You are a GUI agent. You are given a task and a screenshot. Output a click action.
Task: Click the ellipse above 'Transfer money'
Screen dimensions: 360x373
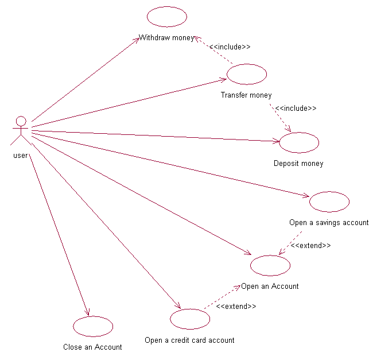coord(247,74)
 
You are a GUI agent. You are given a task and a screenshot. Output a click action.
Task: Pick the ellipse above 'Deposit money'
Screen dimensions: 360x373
coord(299,142)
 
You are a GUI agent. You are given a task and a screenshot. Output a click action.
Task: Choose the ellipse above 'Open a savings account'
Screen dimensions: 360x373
coord(329,202)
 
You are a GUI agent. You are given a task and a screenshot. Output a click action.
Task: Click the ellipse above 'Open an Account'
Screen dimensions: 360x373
coord(270,265)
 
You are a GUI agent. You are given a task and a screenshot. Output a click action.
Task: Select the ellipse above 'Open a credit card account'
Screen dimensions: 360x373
coord(190,319)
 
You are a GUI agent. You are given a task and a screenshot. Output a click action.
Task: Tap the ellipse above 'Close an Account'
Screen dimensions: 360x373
coord(93,326)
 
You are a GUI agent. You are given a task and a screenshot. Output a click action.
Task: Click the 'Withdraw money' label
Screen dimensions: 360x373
coord(166,38)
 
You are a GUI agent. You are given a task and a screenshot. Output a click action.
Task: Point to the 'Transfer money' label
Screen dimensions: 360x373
coord(246,95)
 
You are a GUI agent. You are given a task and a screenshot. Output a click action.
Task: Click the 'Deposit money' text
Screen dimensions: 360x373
coord(298,164)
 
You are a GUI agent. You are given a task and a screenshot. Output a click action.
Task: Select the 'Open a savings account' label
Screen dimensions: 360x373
coord(329,223)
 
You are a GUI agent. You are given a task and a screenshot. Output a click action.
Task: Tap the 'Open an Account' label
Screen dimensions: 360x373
coord(270,287)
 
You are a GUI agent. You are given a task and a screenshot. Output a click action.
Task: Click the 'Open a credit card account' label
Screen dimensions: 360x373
coord(189,340)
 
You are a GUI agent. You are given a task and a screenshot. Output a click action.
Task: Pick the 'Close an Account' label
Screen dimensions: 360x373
coord(92,347)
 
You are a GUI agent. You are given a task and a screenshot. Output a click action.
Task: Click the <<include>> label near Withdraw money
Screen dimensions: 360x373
coord(230,47)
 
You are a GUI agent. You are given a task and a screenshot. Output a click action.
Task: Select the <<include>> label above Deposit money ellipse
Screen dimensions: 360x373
coord(296,108)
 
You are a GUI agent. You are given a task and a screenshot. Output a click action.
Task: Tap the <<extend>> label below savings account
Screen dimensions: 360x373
coord(310,245)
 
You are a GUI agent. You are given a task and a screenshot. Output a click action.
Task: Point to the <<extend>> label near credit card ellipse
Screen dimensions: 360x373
coord(236,307)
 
